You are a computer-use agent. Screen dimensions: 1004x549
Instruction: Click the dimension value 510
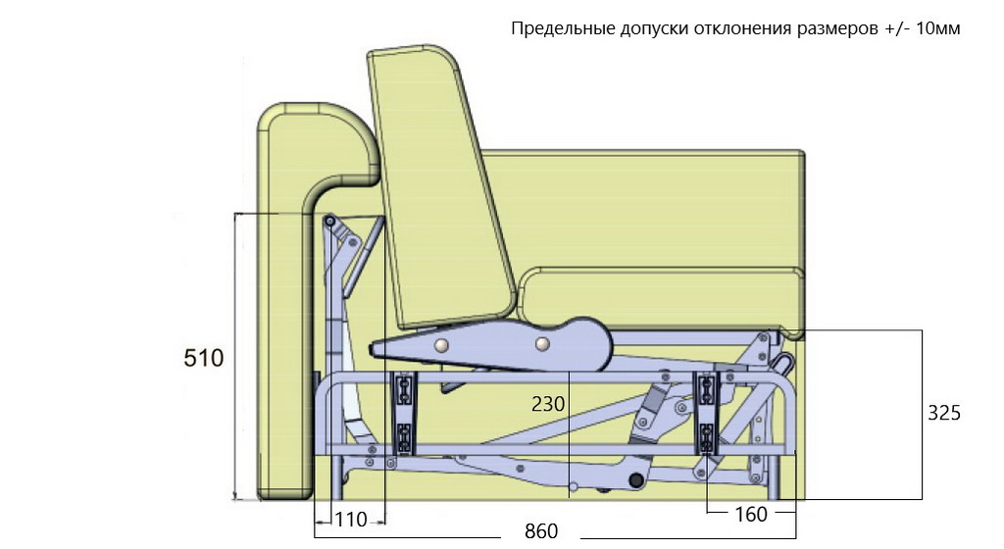pos(204,358)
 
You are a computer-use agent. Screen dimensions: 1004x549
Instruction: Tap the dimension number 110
pos(351,520)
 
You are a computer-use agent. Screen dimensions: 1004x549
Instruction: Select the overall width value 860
pos(541,531)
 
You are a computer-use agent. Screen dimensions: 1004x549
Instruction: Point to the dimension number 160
pos(750,514)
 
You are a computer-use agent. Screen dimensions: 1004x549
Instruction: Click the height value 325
pos(944,413)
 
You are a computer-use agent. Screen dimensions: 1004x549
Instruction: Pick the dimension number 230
pos(548,404)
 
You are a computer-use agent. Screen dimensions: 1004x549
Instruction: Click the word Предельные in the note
pos(563,29)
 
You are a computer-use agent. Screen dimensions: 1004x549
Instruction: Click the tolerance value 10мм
pos(938,28)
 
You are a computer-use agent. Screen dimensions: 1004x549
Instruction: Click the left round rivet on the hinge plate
pos(440,345)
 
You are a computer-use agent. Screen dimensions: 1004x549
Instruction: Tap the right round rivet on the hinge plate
pos(542,344)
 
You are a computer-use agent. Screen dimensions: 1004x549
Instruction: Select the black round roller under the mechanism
pos(635,480)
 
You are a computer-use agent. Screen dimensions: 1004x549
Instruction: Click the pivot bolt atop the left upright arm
pos(329,222)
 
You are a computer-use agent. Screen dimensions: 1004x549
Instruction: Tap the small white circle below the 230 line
pos(574,487)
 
